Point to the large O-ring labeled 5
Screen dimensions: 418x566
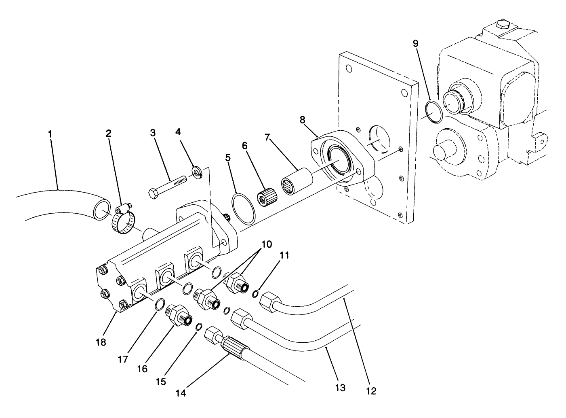[244, 208]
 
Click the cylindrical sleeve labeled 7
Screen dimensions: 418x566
[298, 181]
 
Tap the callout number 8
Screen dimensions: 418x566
[303, 120]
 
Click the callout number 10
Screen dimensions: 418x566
[267, 244]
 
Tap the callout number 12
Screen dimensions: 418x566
[371, 391]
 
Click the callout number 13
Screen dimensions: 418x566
[340, 388]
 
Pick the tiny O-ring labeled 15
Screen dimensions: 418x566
[199, 327]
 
